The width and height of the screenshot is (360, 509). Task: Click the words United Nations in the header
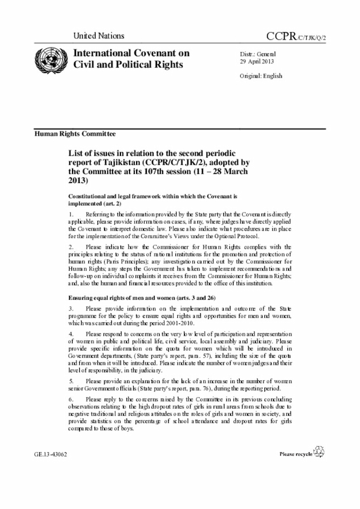(x=98, y=35)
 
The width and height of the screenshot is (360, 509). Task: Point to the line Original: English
(x=261, y=76)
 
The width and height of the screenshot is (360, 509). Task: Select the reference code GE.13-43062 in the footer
(x=51, y=454)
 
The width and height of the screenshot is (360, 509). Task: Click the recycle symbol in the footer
(x=318, y=452)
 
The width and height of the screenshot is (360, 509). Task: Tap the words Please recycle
(x=295, y=454)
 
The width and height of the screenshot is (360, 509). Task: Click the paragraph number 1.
(x=70, y=214)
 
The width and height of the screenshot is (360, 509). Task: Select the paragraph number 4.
(x=70, y=334)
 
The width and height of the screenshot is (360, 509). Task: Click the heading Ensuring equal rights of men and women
(x=129, y=296)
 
